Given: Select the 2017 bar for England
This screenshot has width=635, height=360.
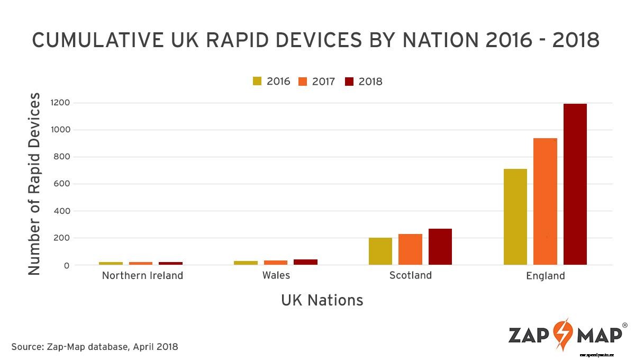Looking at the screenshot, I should [x=545, y=201].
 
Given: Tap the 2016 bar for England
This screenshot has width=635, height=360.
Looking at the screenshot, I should [x=515, y=217].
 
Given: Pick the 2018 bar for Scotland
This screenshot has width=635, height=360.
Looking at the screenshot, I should [x=440, y=247].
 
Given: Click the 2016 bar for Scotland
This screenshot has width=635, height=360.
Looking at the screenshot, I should [x=380, y=251].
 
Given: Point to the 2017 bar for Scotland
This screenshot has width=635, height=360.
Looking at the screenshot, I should [x=410, y=249].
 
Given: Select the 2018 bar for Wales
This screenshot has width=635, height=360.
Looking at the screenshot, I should [x=305, y=262].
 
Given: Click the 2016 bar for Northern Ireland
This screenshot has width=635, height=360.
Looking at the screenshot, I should [x=111, y=263].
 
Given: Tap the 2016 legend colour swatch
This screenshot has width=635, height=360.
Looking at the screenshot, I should [x=257, y=82].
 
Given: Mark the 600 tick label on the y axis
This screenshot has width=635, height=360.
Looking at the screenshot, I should [x=62, y=184].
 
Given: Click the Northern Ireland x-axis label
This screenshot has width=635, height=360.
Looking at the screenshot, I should [x=142, y=276].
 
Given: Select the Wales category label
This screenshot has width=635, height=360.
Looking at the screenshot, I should [x=276, y=276].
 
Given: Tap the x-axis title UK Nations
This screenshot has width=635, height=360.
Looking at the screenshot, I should [x=322, y=301].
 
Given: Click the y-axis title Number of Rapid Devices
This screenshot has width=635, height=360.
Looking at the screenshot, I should [x=34, y=184].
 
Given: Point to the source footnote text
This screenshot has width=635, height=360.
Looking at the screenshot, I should [x=95, y=347].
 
